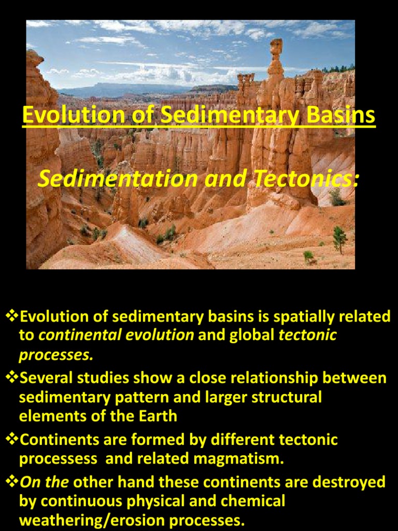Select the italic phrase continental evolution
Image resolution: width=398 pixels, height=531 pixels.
116,335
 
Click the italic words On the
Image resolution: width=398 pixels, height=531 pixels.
44,482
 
